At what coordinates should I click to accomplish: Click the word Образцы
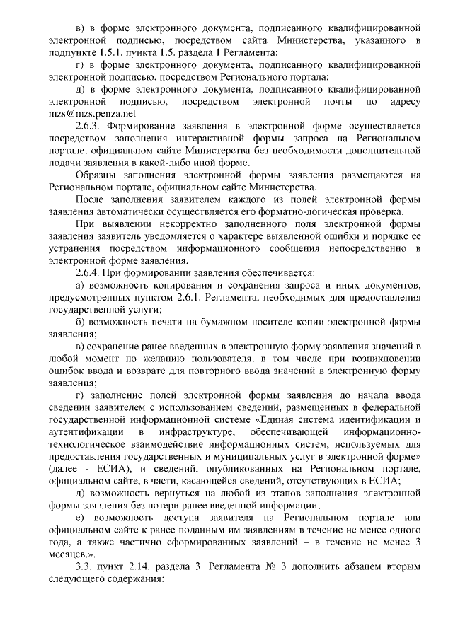[97, 174]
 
